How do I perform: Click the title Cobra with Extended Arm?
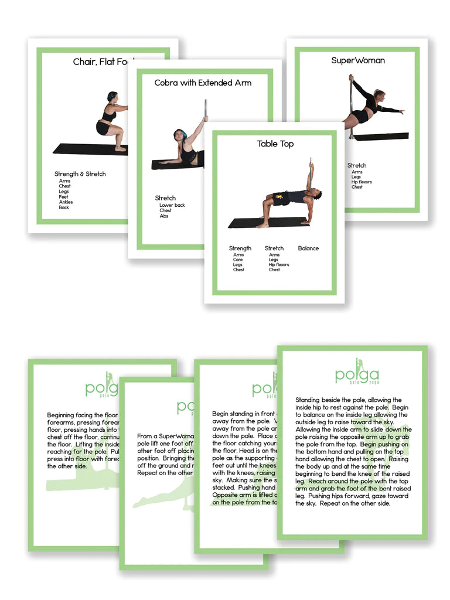[x=203, y=83]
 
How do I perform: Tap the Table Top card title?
[x=275, y=144]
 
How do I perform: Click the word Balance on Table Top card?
[x=308, y=248]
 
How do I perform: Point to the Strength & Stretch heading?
[x=80, y=174]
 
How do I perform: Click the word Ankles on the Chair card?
[x=65, y=202]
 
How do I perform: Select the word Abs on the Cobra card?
[x=164, y=216]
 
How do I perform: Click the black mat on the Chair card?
[x=82, y=149]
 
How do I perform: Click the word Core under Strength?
[x=237, y=260]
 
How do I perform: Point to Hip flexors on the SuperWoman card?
[x=362, y=182]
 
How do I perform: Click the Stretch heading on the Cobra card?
[x=165, y=198]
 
